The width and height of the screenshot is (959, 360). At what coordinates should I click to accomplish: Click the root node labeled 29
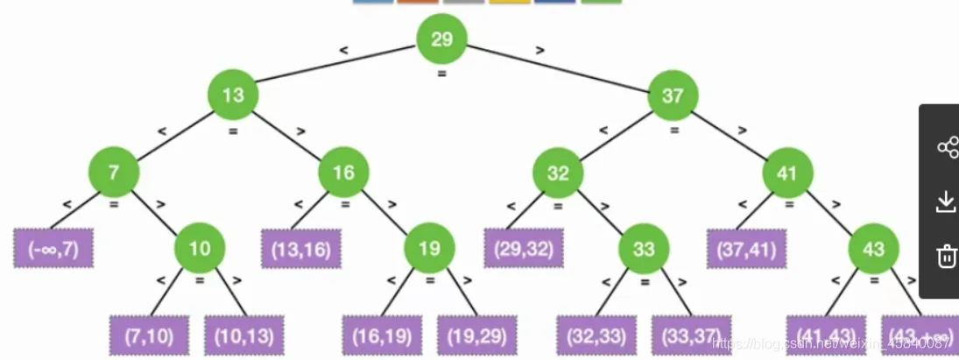[x=441, y=39]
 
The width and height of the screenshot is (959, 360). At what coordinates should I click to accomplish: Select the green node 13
[x=233, y=95]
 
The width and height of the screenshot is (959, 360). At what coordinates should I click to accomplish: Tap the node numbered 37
[x=673, y=95]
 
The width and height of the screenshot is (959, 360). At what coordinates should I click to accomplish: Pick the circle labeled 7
[x=113, y=172]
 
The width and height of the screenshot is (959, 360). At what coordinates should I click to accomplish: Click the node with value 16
[x=343, y=172]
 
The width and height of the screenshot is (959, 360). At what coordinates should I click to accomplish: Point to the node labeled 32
[x=558, y=172]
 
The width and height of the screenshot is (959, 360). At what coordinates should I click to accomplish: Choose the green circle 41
[x=787, y=172]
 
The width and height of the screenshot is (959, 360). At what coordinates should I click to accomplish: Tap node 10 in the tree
[x=200, y=248]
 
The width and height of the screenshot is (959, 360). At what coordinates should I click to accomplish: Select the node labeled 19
[x=429, y=248]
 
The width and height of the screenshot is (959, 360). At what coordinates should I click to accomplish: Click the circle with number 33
[x=644, y=248]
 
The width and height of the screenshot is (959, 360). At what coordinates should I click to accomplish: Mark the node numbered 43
[x=873, y=248]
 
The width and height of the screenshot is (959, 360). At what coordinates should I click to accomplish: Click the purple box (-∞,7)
[x=53, y=249]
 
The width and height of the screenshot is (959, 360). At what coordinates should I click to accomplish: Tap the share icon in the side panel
[x=947, y=147]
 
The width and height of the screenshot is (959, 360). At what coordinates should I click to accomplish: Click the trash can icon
[x=947, y=256]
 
